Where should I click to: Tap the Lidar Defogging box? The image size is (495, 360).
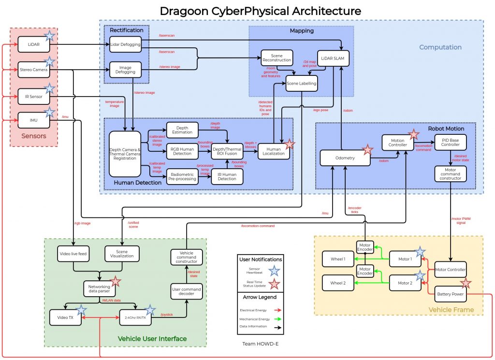[125, 44]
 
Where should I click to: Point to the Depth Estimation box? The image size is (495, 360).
[182, 130]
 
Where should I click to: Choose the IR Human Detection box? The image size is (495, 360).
[227, 176]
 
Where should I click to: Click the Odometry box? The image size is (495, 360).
[345, 158]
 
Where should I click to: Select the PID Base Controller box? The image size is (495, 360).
[450, 142]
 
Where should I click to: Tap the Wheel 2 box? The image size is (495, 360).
[338, 283]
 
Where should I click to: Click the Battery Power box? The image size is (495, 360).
[451, 293]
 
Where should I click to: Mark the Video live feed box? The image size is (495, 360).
[73, 254]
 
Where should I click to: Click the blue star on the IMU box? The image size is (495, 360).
[49, 113]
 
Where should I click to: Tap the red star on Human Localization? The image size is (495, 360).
[290, 144]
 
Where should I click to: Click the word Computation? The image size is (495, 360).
[440, 47]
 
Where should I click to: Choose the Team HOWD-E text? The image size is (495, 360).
[260, 344]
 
